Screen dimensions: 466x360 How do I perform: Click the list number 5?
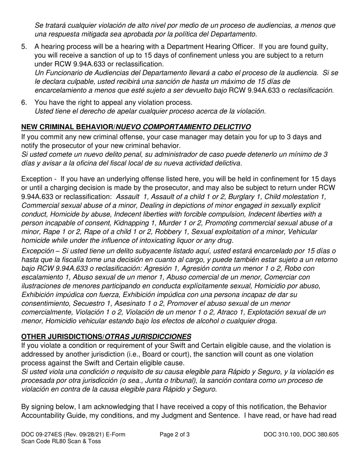24,47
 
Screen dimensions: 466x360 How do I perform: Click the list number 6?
24,102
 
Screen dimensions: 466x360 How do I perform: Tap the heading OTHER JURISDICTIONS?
62,336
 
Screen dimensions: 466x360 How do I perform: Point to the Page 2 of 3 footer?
175,435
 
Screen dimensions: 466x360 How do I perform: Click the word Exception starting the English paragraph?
36,178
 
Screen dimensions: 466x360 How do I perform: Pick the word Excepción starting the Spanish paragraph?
37,251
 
